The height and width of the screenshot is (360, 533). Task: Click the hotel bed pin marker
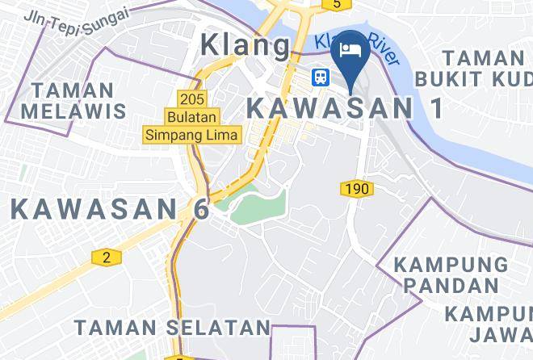pyautogui.click(x=350, y=50)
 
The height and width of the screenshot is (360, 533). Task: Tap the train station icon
pyautogui.click(x=321, y=77)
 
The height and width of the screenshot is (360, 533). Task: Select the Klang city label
pyautogui.click(x=245, y=45)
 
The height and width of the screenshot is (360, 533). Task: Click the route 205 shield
pyautogui.click(x=192, y=98)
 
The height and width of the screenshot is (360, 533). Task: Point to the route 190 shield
pyautogui.click(x=356, y=189)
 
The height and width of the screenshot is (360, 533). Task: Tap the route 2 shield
pyautogui.click(x=105, y=257)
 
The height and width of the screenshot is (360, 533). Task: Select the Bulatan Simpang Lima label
pyautogui.click(x=192, y=126)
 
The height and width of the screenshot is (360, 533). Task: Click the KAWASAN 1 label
pyautogui.click(x=345, y=107)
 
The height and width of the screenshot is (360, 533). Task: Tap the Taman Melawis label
pyautogui.click(x=73, y=99)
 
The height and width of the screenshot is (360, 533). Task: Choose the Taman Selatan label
pyautogui.click(x=173, y=327)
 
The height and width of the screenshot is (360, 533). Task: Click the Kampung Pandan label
pyautogui.click(x=451, y=274)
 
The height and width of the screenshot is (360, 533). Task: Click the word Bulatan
pyautogui.click(x=192, y=117)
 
